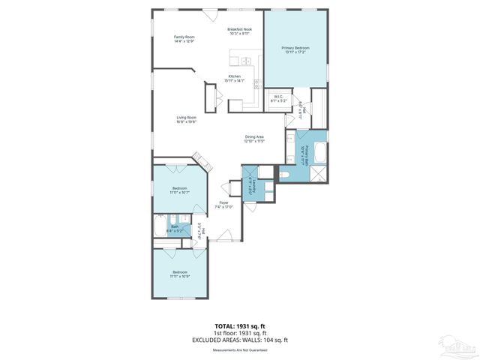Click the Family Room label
click(x=184, y=37)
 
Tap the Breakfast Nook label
click(x=240, y=29)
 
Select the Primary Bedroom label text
click(x=295, y=48)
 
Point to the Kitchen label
click(x=235, y=76)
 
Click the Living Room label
click(x=186, y=118)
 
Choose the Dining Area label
click(x=254, y=136)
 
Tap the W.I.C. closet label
click(x=277, y=96)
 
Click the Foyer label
click(x=223, y=203)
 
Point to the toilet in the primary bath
click(x=286, y=174)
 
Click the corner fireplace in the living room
click(x=201, y=161)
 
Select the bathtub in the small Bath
click(x=159, y=226)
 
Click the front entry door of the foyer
click(x=219, y=239)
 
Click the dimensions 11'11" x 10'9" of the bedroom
click(x=180, y=275)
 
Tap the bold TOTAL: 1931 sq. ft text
click(x=239, y=326)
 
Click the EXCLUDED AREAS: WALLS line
click(x=239, y=340)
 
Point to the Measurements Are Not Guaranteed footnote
click(x=239, y=349)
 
